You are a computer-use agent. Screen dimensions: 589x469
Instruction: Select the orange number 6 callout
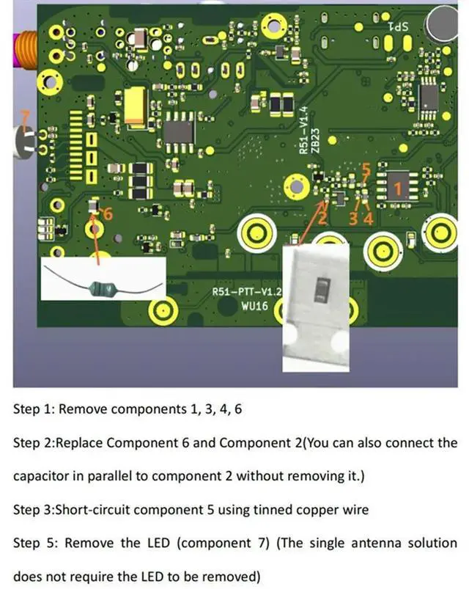coord(108,214)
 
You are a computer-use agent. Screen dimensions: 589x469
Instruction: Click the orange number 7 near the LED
coord(24,117)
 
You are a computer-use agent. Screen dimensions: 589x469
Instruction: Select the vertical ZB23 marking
coord(315,136)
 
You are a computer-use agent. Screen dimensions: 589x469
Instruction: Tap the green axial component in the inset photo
coord(102,289)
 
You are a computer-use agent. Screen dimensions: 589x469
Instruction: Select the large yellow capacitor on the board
coord(136,106)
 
